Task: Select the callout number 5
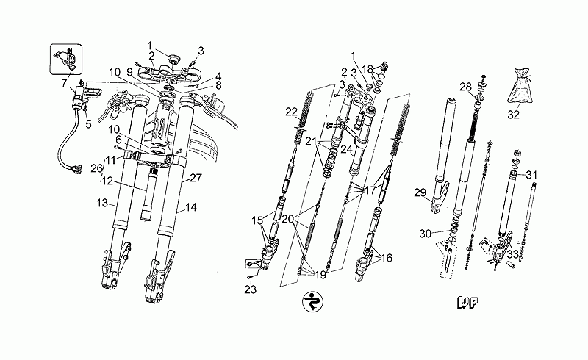88,123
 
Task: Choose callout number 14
191,207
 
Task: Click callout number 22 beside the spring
291,112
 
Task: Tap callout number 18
367,68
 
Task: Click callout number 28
465,86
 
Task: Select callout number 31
532,174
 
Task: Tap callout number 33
513,254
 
